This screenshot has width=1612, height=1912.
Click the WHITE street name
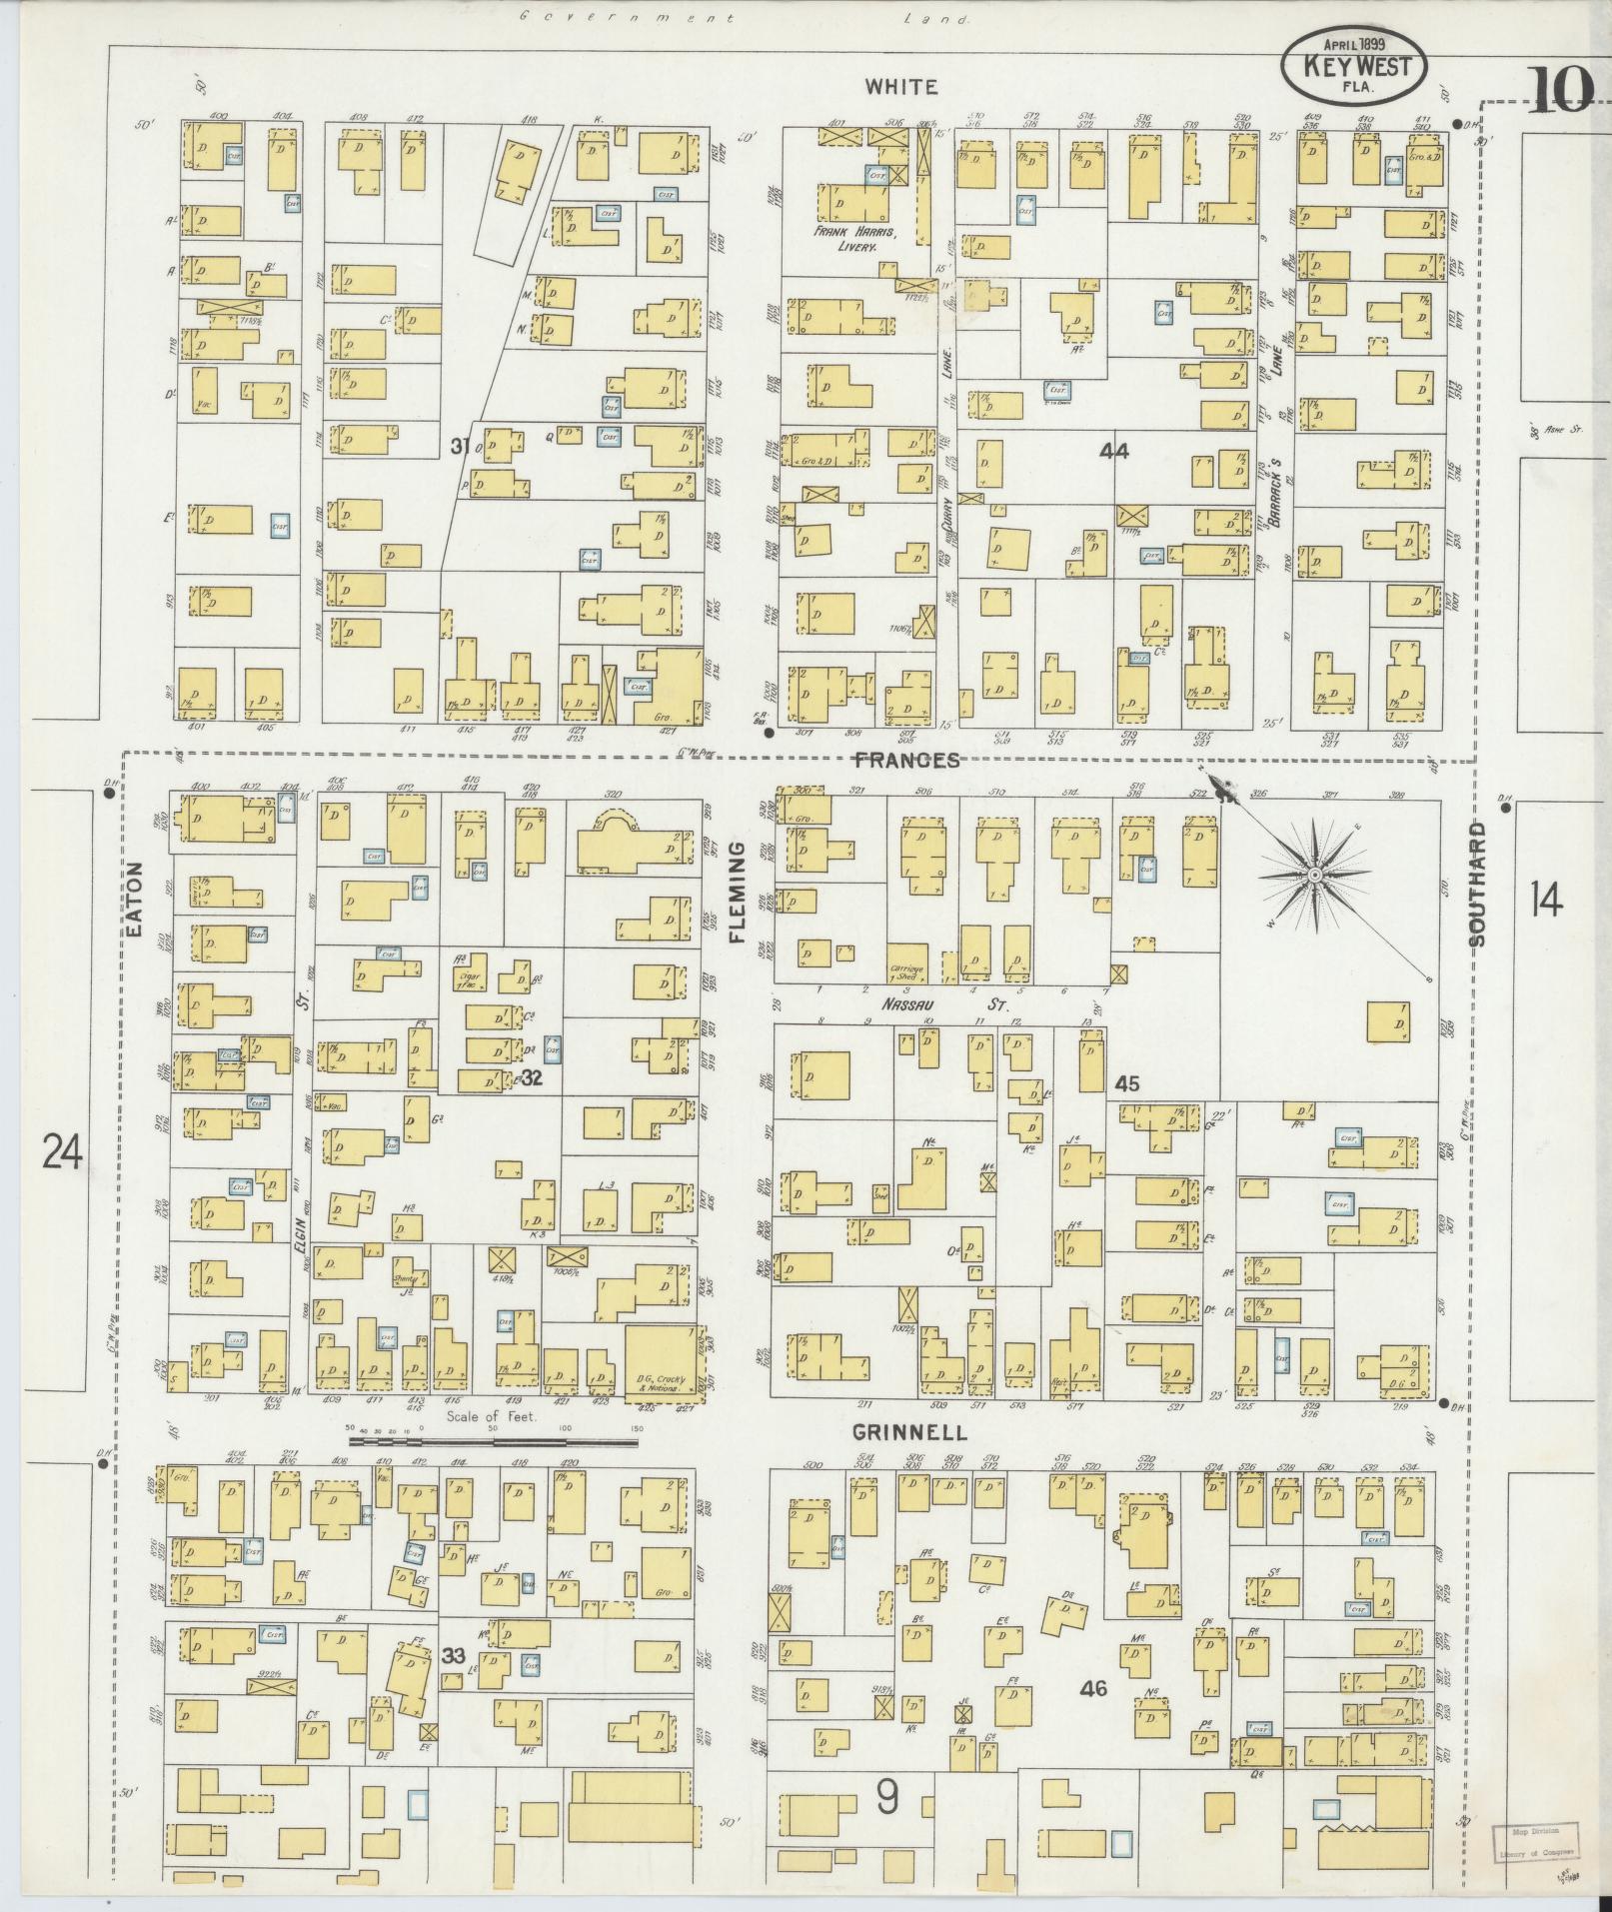[901, 87]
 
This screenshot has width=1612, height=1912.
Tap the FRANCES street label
[905, 761]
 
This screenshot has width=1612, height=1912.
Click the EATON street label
[137, 900]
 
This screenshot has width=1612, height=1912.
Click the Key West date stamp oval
[1354, 65]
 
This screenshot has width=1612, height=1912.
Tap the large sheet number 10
[1559, 93]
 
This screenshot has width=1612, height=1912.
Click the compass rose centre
[1315, 876]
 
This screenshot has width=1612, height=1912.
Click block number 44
[1113, 452]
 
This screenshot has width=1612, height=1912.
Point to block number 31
[459, 447]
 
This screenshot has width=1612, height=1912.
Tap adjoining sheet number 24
[62, 1152]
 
